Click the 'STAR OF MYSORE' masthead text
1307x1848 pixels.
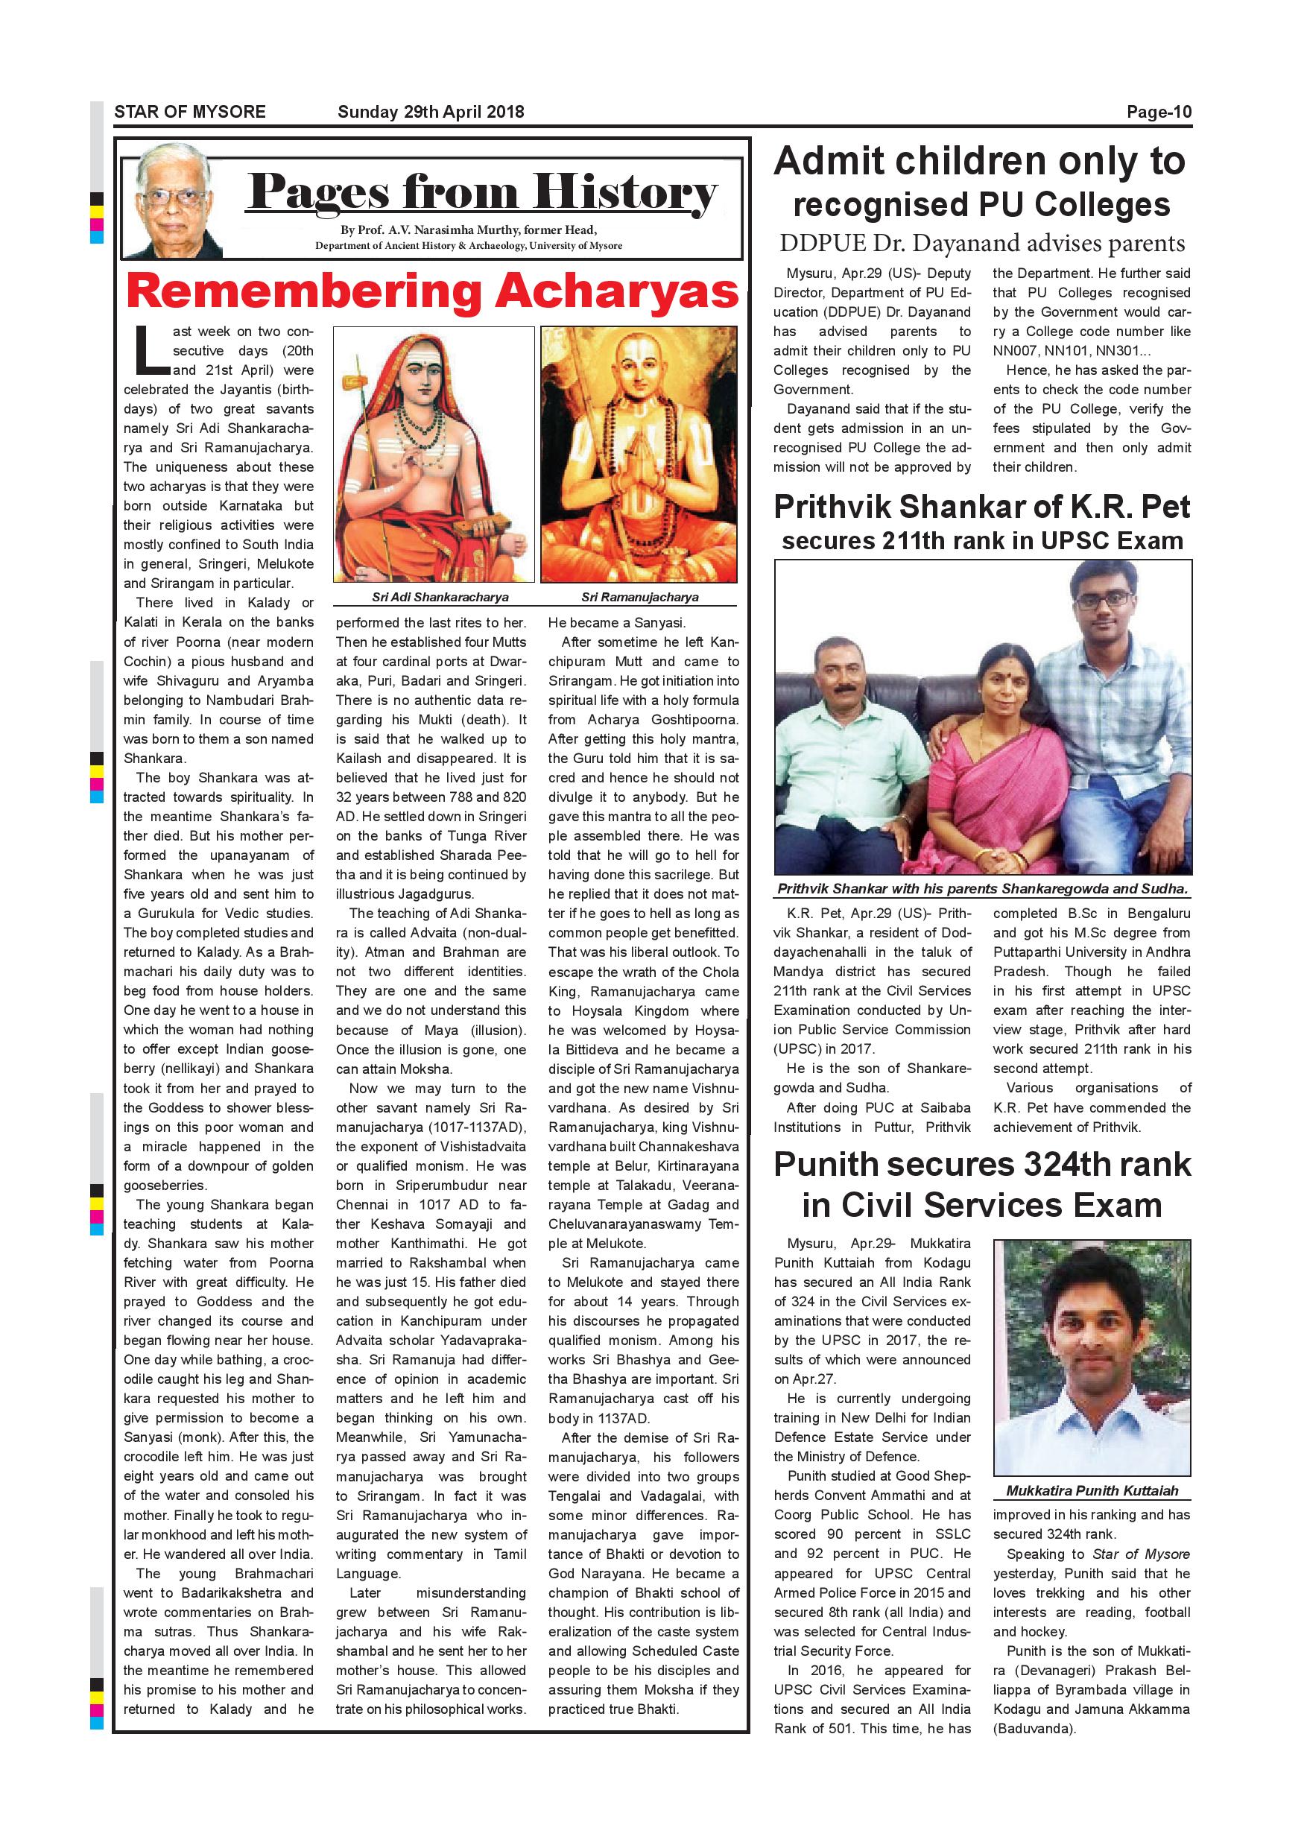[190, 112]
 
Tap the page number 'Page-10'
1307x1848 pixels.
[1159, 112]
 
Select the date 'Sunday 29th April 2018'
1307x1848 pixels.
[431, 112]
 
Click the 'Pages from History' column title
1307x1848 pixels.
[481, 193]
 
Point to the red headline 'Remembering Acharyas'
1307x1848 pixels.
[432, 291]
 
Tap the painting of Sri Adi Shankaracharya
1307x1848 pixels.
[434, 454]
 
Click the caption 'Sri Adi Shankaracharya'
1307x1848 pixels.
[440, 597]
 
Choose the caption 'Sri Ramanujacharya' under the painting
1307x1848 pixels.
[640, 597]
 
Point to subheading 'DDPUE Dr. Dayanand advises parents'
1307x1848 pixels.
[982, 243]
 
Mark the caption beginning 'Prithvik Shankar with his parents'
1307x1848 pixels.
[982, 890]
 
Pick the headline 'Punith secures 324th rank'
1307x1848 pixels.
[982, 1165]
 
